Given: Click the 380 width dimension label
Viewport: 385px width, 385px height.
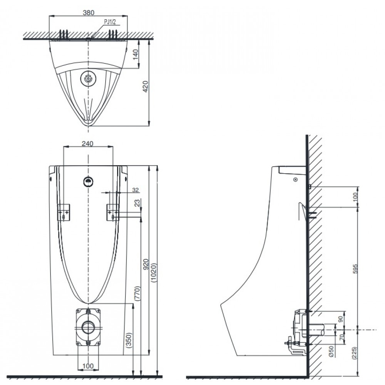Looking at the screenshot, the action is click(x=89, y=12).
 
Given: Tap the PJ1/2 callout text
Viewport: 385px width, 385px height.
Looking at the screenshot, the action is click(x=110, y=22).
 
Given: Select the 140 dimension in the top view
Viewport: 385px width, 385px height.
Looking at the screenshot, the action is click(x=135, y=54).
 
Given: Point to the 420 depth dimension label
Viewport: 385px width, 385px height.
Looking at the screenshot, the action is click(x=146, y=86).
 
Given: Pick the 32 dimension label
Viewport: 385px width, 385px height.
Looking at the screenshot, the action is click(x=135, y=190).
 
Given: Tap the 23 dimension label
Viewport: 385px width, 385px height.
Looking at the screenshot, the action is click(x=137, y=203).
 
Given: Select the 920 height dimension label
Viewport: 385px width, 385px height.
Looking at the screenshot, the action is click(x=146, y=264).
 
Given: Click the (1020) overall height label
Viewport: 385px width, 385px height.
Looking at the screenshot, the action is click(x=154, y=273).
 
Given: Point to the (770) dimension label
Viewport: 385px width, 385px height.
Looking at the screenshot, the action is click(x=137, y=293).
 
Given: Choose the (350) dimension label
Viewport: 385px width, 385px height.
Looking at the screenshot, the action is click(x=129, y=341).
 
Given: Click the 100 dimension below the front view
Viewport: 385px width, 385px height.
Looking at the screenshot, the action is click(x=88, y=366).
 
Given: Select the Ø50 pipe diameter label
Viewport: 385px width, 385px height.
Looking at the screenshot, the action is click(x=331, y=352).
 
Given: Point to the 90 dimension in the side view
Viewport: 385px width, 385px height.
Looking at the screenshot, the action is click(x=341, y=319).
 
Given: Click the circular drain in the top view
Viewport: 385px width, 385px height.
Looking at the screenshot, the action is click(x=88, y=79).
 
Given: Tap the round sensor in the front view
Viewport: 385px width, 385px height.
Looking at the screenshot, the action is click(x=89, y=182).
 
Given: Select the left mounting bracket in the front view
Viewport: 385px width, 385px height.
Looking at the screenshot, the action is click(x=64, y=212).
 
